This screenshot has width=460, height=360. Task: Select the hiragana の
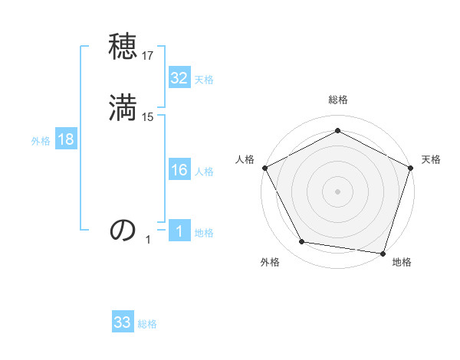[x=123, y=230]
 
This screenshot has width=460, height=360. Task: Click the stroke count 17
[x=149, y=56]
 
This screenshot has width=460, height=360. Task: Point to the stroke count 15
[x=149, y=116]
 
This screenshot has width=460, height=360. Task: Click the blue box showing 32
[x=179, y=78]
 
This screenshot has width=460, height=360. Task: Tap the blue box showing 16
[x=179, y=171]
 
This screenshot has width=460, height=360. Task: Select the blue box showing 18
[x=66, y=139]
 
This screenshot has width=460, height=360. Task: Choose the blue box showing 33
[x=123, y=322]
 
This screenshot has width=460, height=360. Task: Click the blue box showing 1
[x=179, y=232]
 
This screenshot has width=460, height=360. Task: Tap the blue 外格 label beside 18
[x=41, y=140]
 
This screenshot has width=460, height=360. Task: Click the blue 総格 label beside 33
[x=147, y=324]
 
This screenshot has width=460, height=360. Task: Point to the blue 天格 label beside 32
[x=204, y=80]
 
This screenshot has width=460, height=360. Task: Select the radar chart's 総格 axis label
[x=337, y=100]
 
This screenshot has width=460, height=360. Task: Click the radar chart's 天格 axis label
[x=431, y=159]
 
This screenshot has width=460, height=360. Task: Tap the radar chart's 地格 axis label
[x=402, y=263]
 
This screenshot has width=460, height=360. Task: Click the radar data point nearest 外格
[x=302, y=242]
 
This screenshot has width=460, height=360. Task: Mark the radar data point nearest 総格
[x=337, y=130]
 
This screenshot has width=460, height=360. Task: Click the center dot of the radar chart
[x=337, y=191]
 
